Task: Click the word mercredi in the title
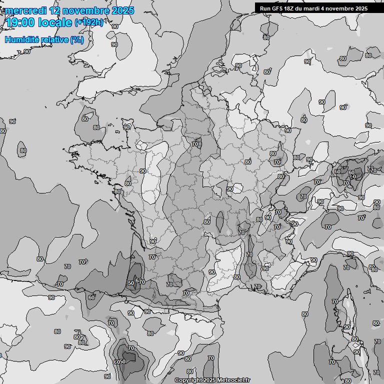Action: (25, 10)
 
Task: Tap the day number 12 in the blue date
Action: (56, 10)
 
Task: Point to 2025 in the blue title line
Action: (123, 10)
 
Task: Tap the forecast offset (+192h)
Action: (88, 22)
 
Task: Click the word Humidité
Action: (21, 39)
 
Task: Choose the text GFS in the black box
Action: (279, 8)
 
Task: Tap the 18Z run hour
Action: (292, 8)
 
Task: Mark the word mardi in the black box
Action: (315, 8)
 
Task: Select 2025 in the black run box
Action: (361, 8)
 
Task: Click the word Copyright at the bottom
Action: (188, 380)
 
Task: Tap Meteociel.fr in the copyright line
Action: (233, 380)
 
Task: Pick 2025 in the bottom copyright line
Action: (209, 380)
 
